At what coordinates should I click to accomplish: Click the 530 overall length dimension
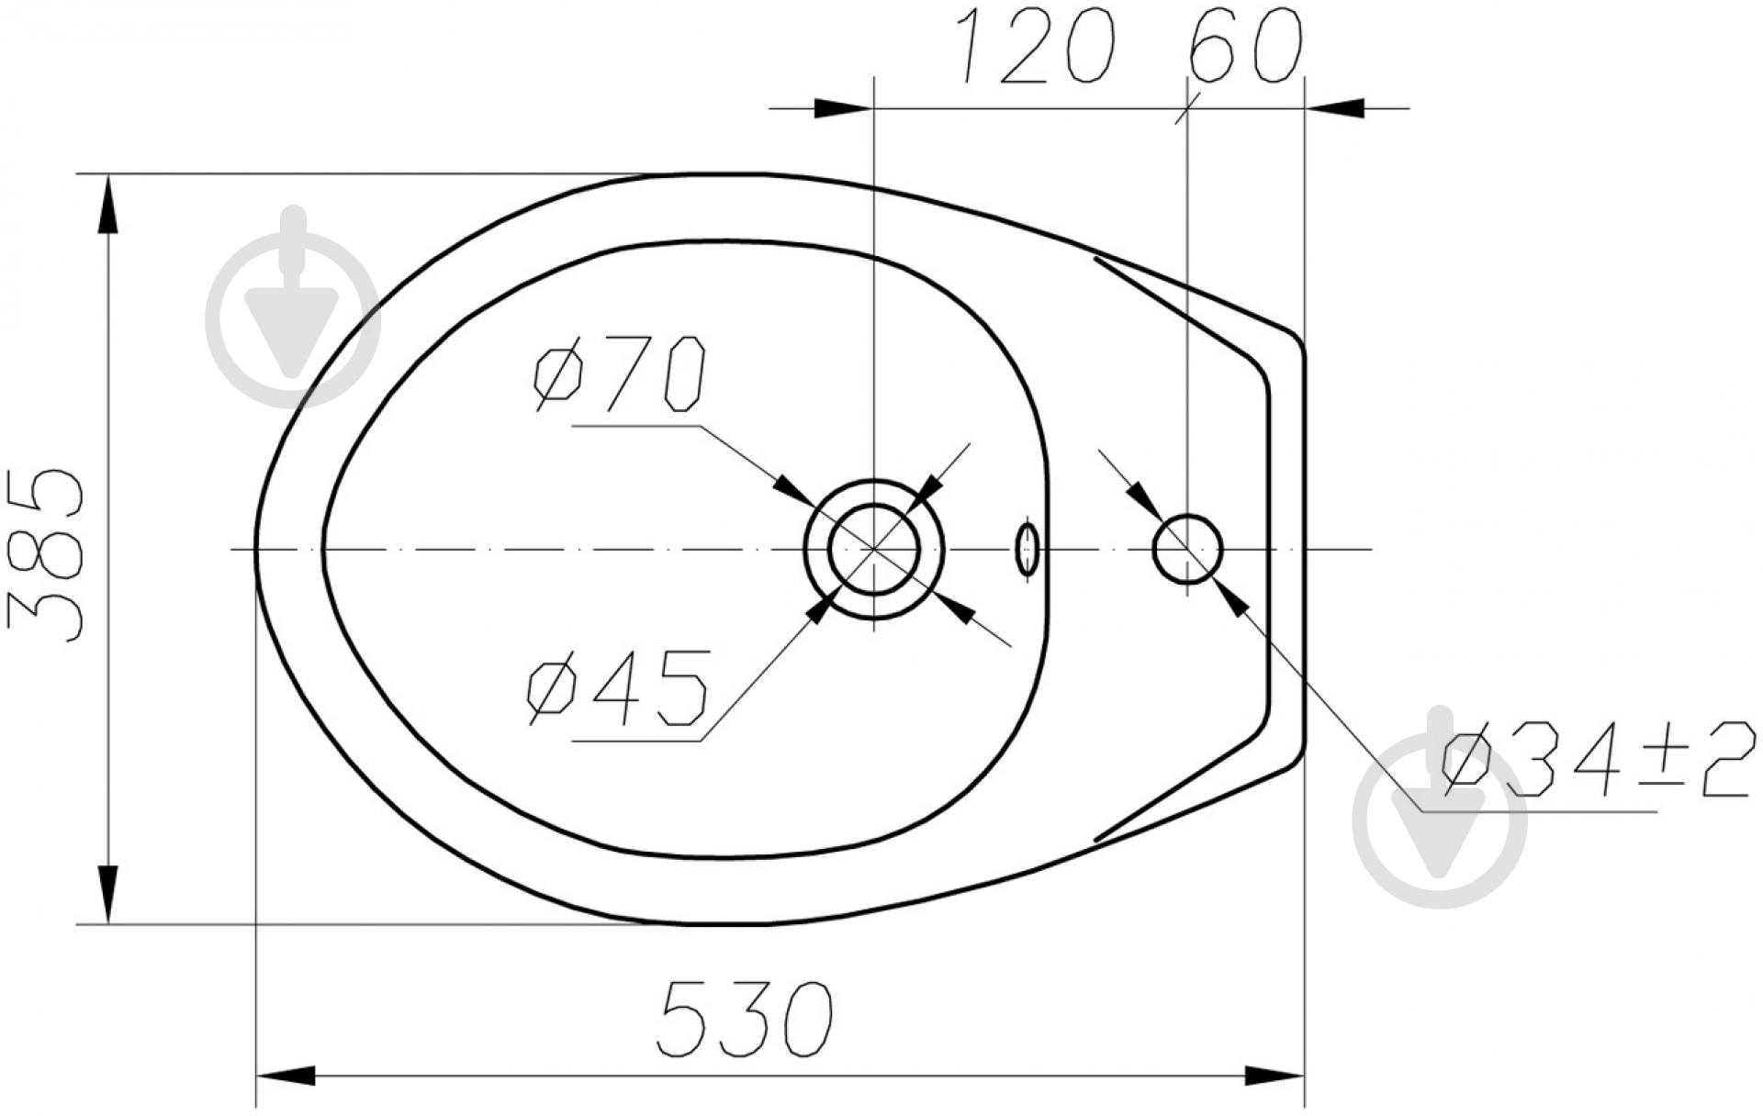[746, 1018]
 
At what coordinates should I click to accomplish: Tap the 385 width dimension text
[45, 555]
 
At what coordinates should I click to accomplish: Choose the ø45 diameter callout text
[618, 687]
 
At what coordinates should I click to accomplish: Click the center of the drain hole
[874, 549]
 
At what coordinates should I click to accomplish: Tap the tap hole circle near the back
[1187, 549]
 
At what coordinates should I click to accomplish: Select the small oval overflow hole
[1027, 549]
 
